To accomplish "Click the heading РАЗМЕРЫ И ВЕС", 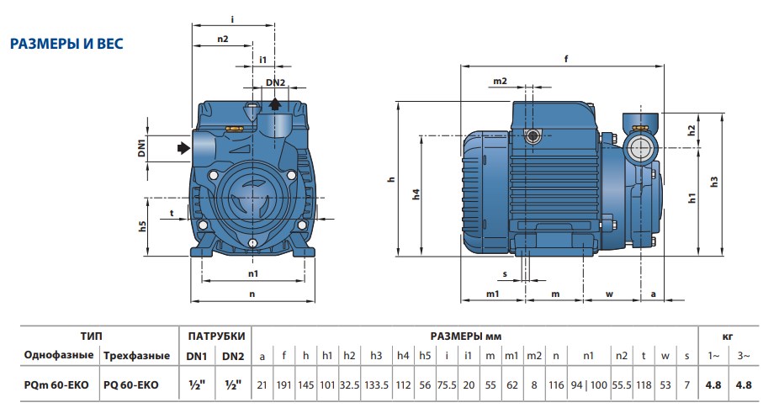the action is [66, 44].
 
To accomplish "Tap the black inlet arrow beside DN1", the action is [184, 147].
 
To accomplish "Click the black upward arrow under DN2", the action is [275, 103].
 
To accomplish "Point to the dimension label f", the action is [566, 59].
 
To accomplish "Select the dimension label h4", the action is [416, 193].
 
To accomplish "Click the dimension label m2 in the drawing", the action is [500, 81].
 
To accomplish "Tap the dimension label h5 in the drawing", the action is [142, 226].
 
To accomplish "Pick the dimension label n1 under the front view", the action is [253, 273].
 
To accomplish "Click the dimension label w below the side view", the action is [609, 294].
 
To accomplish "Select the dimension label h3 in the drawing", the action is [714, 182].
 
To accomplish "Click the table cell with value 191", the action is [284, 384].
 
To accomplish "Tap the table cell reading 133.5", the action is [376, 384].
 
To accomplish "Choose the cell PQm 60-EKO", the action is [56, 384].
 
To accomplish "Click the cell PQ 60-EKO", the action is [131, 384].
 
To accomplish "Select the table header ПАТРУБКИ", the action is [216, 336].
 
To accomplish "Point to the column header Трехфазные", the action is [136, 356].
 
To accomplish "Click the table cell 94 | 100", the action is [589, 384].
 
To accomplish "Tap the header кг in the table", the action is [728, 336].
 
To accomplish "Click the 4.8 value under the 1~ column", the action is [713, 384].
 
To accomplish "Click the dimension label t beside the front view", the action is [172, 213].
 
